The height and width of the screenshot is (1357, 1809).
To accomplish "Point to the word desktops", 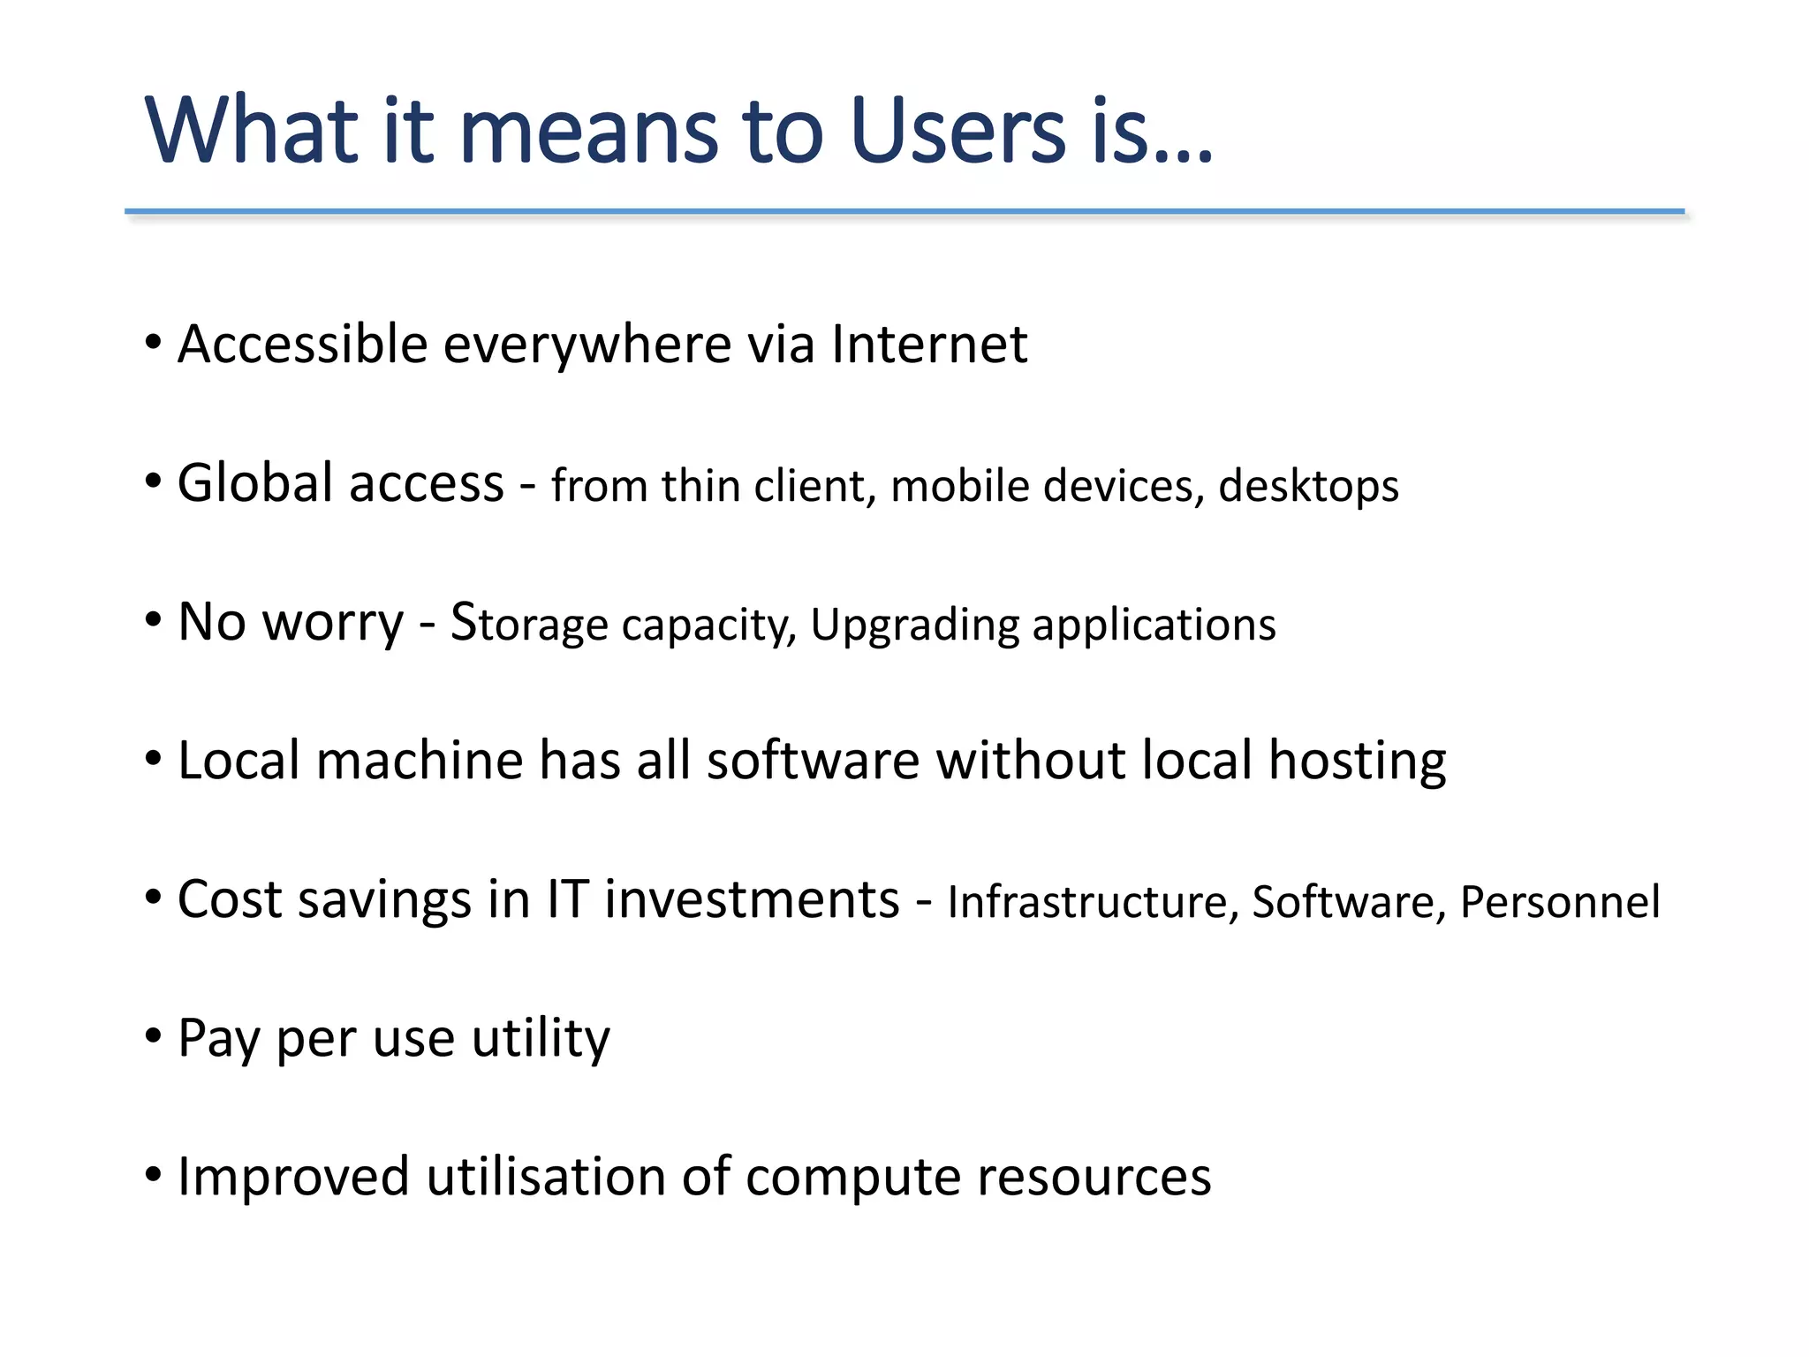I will (1308, 487).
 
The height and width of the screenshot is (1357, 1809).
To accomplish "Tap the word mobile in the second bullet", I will (959, 486).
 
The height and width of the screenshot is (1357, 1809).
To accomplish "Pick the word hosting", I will (1357, 762).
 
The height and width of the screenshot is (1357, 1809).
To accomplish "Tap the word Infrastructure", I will (1087, 902).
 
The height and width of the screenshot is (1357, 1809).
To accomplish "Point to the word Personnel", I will (1560, 902).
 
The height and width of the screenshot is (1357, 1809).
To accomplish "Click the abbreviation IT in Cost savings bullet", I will (567, 899).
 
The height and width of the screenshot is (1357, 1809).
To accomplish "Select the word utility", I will (541, 1039).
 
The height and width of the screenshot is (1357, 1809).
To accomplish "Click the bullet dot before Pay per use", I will (154, 1035).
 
